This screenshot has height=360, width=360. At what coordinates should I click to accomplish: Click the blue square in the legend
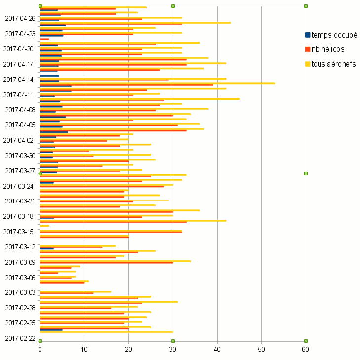(308, 35)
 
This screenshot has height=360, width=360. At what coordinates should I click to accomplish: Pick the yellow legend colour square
(308, 64)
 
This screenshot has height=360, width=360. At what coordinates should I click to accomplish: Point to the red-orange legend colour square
(308, 49)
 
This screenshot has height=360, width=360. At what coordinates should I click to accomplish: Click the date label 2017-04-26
(20, 19)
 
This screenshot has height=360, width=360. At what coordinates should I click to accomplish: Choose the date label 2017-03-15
(20, 232)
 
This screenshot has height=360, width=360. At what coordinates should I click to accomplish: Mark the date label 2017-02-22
(20, 338)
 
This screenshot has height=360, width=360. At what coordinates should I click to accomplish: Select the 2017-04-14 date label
(20, 80)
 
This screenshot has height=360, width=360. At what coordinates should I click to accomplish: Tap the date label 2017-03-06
(20, 278)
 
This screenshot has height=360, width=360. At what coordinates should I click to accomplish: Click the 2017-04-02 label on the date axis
(20, 140)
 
